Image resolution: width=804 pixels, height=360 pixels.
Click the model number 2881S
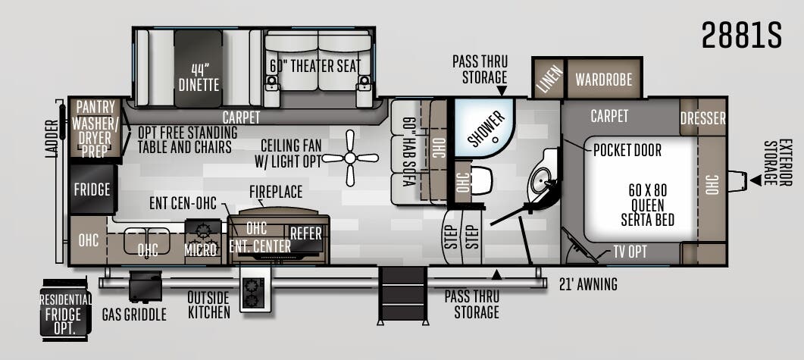tap(741, 35)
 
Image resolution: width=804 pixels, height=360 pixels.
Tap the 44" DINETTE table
tap(199, 69)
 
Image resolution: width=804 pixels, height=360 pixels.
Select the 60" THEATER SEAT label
tap(315, 66)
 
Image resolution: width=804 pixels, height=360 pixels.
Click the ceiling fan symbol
tap(350, 158)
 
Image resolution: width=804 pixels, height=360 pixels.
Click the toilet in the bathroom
tap(481, 180)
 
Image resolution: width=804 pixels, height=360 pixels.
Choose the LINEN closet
tap(549, 79)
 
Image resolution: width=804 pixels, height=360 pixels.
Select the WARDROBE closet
tap(604, 79)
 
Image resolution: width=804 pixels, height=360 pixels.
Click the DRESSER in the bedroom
tap(703, 118)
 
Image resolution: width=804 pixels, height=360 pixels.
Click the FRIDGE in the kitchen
tap(92, 189)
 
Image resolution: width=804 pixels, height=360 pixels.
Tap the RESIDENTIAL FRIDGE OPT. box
tap(66, 310)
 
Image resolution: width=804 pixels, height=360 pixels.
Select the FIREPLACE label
tap(276, 192)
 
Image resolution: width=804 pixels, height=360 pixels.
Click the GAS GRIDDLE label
tap(134, 315)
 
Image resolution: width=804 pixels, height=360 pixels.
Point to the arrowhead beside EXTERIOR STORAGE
tap(756, 180)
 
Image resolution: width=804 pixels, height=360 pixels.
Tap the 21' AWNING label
tap(588, 283)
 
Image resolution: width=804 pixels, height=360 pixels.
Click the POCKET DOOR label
tap(627, 150)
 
